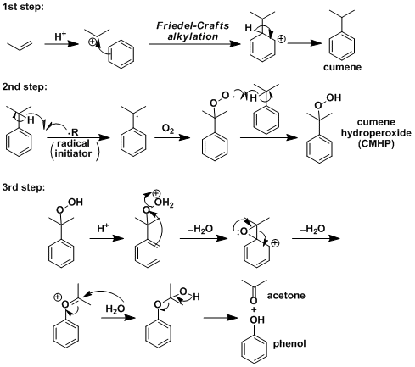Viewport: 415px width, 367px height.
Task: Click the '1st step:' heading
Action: pyautogui.click(x=24, y=7)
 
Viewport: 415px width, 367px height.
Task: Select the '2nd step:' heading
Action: pyautogui.click(x=25, y=86)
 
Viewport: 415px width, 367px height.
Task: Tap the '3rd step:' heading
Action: pyautogui.click(x=24, y=187)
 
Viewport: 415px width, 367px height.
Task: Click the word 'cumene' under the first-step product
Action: pyautogui.click(x=342, y=67)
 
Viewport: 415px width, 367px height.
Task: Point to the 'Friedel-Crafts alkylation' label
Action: pyautogui.click(x=193, y=31)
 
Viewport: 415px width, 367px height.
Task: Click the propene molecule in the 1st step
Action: pyautogui.click(x=20, y=45)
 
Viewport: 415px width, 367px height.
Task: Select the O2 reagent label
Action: pyautogui.click(x=168, y=129)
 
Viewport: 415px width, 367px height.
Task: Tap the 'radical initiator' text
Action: pyautogui.click(x=73, y=148)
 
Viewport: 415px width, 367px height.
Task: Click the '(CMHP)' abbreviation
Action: pyautogui.click(x=376, y=144)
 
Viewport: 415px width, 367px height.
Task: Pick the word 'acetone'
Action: pyautogui.click(x=286, y=296)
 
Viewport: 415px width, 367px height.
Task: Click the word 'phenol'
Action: pyautogui.click(x=289, y=344)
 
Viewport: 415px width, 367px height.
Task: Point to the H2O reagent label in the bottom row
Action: pyautogui.click(x=115, y=309)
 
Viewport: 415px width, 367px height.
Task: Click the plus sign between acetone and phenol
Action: pyautogui.click(x=254, y=309)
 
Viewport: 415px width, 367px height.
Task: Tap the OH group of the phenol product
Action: pyautogui.click(x=257, y=320)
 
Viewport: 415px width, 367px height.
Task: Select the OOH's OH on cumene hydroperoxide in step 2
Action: pyautogui.click(x=334, y=97)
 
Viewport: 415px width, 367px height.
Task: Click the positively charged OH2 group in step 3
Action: pyautogui.click(x=164, y=203)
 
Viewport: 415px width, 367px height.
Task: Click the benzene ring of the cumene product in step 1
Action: pyautogui.click(x=342, y=46)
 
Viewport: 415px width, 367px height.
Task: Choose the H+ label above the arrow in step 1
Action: pyautogui.click(x=60, y=36)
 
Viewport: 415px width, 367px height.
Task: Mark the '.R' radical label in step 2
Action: pyautogui.click(x=73, y=132)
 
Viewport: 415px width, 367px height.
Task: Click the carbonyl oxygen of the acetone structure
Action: pyautogui.click(x=254, y=301)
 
